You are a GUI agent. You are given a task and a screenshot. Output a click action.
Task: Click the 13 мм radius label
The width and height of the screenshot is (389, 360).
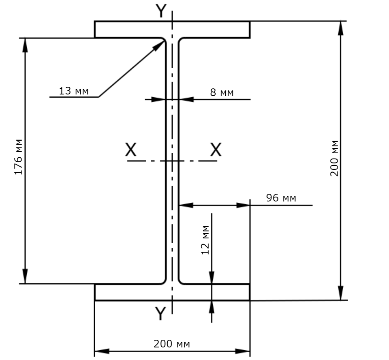pyautogui.click(x=74, y=91)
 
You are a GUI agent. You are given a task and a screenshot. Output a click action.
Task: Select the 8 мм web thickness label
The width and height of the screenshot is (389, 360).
pyautogui.click(x=222, y=92)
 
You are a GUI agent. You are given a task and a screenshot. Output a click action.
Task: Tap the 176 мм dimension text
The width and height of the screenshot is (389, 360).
pyautogui.click(x=18, y=157)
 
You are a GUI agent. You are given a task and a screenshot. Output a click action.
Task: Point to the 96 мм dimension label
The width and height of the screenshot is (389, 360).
pyautogui.click(x=281, y=198)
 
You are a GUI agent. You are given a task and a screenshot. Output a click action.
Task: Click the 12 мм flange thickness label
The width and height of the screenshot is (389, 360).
pyautogui.click(x=205, y=240)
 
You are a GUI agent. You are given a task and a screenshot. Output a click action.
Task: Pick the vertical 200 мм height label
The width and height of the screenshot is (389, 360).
pyautogui.click(x=334, y=159)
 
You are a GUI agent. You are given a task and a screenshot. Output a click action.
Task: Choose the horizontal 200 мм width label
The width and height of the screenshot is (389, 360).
pyautogui.click(x=172, y=344)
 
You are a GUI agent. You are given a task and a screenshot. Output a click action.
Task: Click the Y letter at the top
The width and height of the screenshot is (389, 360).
pyautogui.click(x=161, y=11)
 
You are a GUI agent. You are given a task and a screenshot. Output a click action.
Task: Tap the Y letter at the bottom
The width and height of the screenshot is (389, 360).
pyautogui.click(x=160, y=313)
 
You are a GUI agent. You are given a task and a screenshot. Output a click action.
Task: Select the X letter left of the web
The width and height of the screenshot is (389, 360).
pyautogui.click(x=131, y=150)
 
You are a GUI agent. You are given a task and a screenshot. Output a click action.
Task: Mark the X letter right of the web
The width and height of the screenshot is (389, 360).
pyautogui.click(x=216, y=150)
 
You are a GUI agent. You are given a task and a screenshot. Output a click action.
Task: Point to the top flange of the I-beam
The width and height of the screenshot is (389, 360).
pyautogui.click(x=172, y=30)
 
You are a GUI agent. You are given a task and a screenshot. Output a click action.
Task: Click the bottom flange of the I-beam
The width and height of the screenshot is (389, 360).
pyautogui.click(x=172, y=292)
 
